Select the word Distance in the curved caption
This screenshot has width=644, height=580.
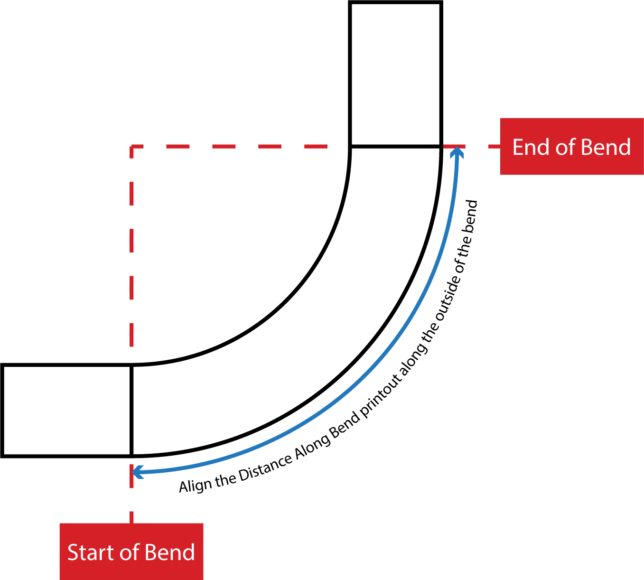(x=265, y=469)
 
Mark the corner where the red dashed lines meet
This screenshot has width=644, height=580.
(x=131, y=147)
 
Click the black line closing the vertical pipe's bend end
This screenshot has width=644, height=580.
(x=396, y=147)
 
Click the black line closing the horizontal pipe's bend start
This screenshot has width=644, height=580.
(x=131, y=411)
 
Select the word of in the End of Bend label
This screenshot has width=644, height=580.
(x=566, y=147)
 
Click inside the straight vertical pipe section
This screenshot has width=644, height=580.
(x=396, y=75)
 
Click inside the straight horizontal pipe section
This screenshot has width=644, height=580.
(x=67, y=411)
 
